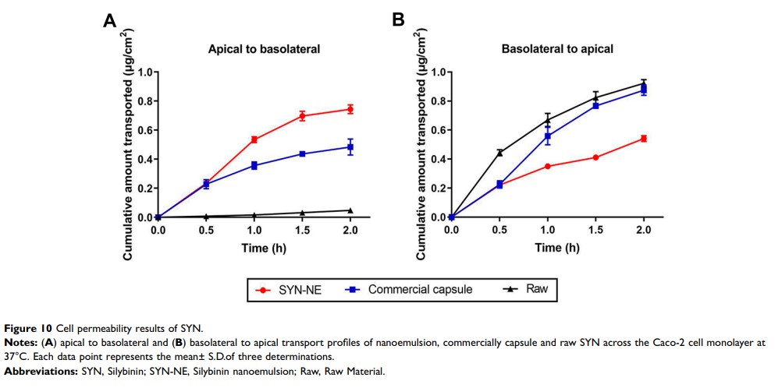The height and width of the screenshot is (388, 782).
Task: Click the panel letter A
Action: (110, 22)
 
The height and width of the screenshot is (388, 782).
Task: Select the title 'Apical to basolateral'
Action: (264, 49)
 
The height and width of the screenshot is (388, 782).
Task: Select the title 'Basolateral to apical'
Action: (557, 49)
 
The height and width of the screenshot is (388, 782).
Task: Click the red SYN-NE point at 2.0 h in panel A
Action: (350, 109)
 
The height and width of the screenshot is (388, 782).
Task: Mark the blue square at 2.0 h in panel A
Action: (350, 146)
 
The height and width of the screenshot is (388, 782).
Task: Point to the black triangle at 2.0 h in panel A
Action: (350, 210)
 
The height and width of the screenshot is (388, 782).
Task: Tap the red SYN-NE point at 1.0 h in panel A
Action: (254, 139)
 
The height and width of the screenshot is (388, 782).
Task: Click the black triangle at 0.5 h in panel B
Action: (499, 152)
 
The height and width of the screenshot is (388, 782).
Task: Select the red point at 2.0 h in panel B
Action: (644, 138)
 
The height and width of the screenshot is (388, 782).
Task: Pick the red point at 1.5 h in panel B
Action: (595, 157)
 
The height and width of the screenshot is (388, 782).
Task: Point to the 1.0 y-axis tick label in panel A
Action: (144, 72)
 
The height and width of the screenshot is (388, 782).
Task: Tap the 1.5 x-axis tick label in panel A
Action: (302, 230)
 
